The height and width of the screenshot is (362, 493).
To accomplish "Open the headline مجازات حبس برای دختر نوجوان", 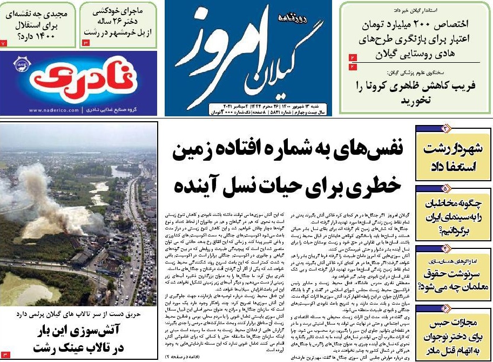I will click(453, 335).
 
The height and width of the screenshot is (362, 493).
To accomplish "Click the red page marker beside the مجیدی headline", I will click(4, 42).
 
